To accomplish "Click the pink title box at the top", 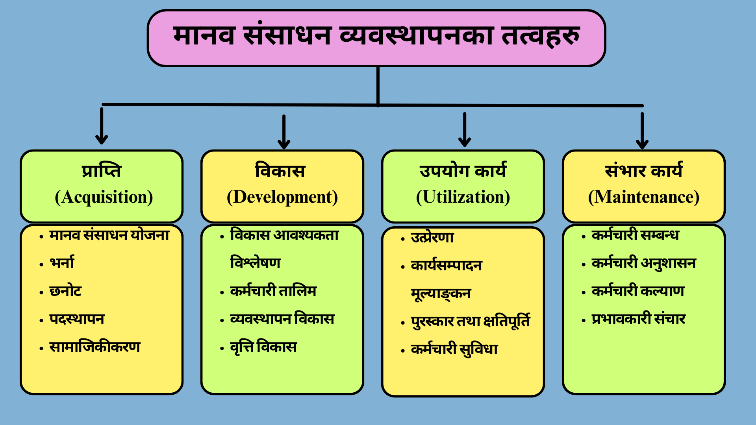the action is tap(376, 38).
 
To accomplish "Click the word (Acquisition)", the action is tap(104, 197).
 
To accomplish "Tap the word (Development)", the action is tap(282, 197).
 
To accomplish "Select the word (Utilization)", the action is tap(463, 197).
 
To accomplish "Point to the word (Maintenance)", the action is tap(644, 197).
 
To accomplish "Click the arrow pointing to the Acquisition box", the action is tap(102, 126).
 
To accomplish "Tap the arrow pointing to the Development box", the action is tap(283, 132).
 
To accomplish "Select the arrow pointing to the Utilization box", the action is tap(465, 129).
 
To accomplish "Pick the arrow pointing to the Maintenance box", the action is tap(642, 131).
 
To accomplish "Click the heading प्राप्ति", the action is tap(102, 170).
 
